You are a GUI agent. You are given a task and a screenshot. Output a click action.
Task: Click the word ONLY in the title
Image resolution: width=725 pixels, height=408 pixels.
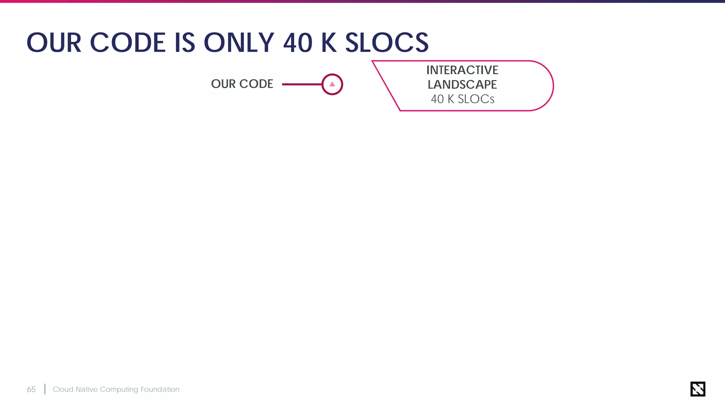(x=239, y=43)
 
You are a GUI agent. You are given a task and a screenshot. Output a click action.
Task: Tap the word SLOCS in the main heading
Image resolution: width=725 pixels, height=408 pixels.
(x=387, y=43)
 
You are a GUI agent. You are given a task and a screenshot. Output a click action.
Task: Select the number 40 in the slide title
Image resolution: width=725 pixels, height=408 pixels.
(x=298, y=43)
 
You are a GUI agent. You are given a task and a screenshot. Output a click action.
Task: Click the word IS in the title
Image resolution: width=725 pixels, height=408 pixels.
(x=184, y=43)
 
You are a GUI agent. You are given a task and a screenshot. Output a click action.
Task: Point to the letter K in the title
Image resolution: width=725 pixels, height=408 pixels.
(x=329, y=43)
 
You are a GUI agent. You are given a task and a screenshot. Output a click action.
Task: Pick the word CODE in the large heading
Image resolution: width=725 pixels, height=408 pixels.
(x=128, y=43)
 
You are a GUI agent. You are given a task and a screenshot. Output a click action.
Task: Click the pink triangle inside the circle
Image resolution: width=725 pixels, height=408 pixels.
(x=332, y=84)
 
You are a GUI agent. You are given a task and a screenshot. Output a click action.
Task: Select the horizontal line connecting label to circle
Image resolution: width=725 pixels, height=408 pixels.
(x=302, y=84)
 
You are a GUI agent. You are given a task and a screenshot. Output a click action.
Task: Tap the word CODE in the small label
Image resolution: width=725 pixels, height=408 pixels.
(x=256, y=84)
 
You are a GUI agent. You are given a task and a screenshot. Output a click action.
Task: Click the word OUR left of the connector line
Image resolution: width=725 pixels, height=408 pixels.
(x=223, y=84)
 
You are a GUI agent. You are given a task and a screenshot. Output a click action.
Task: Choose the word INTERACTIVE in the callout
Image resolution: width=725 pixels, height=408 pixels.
(x=462, y=70)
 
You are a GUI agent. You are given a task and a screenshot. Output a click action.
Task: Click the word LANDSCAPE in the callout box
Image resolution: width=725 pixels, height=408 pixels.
(x=462, y=85)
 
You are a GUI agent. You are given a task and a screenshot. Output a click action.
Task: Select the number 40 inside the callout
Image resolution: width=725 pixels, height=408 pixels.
(x=437, y=99)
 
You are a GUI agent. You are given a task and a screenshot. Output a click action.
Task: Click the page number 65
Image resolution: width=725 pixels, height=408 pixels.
(x=31, y=390)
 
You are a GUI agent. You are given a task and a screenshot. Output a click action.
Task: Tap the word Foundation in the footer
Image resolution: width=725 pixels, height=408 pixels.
(x=160, y=389)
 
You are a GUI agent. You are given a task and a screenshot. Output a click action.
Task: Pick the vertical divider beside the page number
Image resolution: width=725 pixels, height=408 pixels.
(x=45, y=389)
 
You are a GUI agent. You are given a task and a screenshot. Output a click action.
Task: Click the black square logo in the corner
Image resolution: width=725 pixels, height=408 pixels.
(x=697, y=389)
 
